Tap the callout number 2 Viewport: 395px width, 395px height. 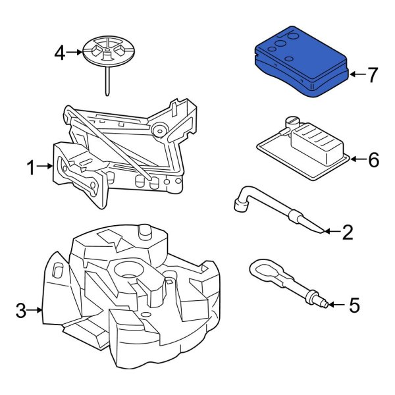[x=348, y=232]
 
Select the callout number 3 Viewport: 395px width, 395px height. [x=21, y=310]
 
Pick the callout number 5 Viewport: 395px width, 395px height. [x=354, y=305]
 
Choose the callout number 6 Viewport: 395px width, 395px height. [x=373, y=159]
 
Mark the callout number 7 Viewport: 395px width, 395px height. [x=373, y=75]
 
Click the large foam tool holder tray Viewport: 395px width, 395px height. [x=125, y=296]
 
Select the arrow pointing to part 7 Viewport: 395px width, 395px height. [x=355, y=75]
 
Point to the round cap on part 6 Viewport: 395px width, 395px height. [x=292, y=121]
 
